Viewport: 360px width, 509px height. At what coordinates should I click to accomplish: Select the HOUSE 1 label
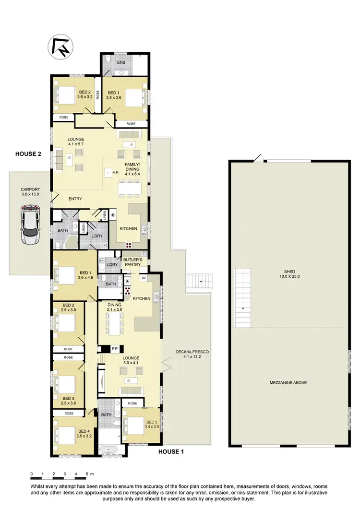pos(171,451)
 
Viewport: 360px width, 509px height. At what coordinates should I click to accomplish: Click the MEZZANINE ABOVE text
pos(288,382)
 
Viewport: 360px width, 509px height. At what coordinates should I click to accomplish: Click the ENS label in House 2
pos(121,63)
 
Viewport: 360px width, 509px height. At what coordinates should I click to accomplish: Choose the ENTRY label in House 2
pos(75,199)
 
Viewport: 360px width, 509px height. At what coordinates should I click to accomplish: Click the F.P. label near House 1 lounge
pos(115,349)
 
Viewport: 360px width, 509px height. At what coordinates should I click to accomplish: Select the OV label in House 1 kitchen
pos(144,277)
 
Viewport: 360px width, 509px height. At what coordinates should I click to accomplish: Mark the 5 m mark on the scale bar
pos(87,474)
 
